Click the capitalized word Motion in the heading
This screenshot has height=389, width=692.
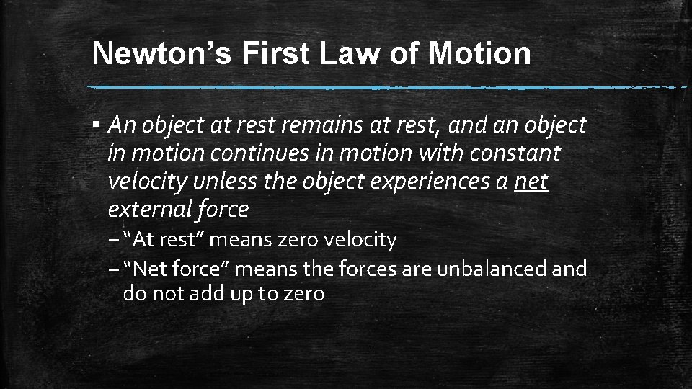coord(480,53)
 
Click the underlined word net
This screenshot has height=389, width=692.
coord(531,182)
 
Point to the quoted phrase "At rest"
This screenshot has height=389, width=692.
coord(164,239)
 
